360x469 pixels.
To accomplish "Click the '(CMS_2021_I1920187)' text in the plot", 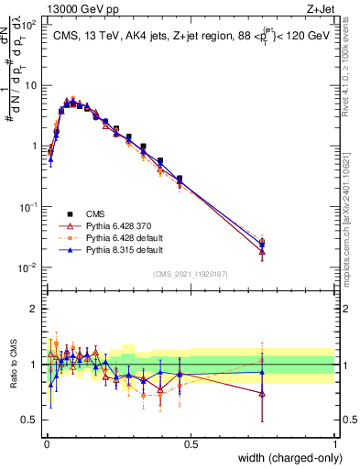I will click(x=191, y=274).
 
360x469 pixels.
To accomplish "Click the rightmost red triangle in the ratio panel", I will click(x=263, y=394).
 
